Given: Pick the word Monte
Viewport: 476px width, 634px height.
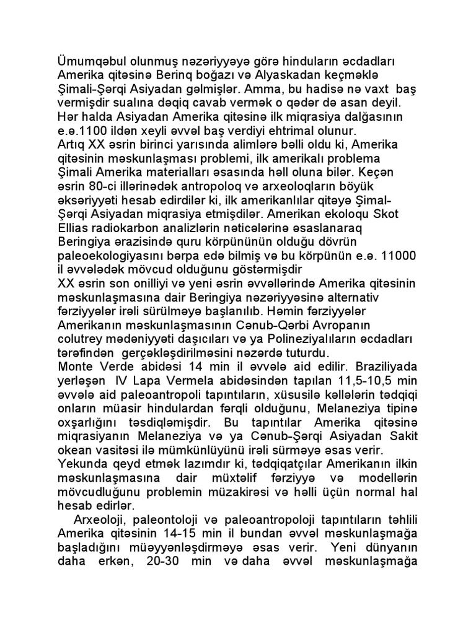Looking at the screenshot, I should [74, 367].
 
